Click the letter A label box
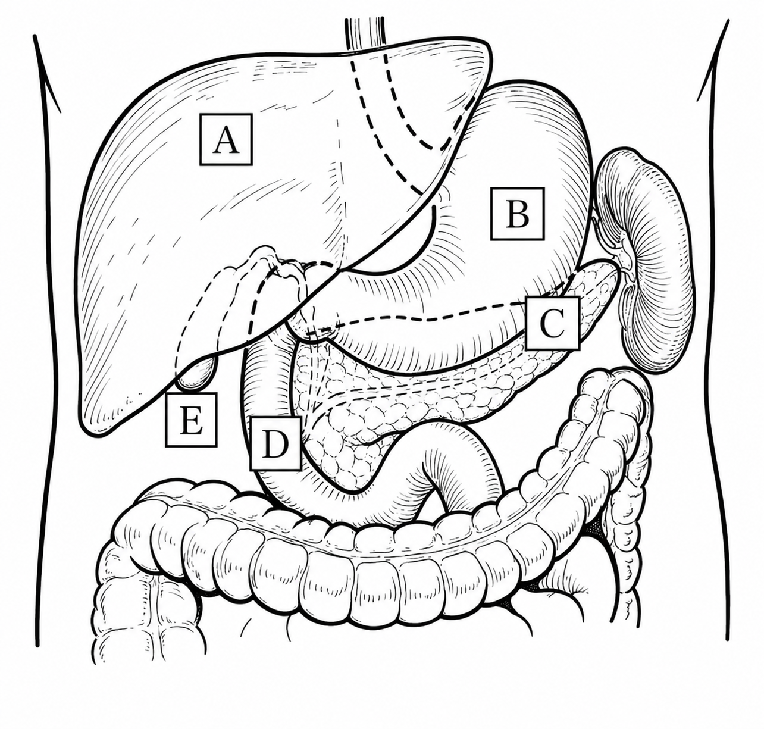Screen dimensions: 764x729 pyautogui.click(x=226, y=139)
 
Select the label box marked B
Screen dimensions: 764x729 pyautogui.click(x=518, y=213)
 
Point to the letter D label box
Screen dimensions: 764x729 pyautogui.click(x=275, y=443)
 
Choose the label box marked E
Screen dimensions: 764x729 pyautogui.click(x=191, y=420)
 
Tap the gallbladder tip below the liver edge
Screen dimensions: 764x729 pyautogui.click(x=196, y=376)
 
